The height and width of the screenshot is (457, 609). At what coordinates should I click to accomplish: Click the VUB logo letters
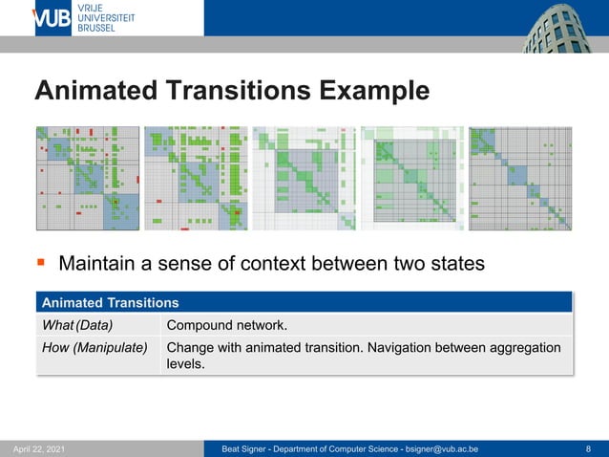tap(52, 18)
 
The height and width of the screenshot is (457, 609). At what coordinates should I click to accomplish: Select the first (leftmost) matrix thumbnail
tap(88, 179)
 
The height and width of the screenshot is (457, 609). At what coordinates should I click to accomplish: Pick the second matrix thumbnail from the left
tap(196, 179)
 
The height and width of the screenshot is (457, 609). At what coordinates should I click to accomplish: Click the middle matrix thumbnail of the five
tap(304, 179)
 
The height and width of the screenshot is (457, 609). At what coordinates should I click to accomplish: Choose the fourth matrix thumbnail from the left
tap(412, 179)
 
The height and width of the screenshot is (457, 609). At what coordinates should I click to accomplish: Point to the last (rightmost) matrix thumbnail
tap(520, 179)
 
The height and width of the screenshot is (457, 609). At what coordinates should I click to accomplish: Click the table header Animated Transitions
tap(110, 303)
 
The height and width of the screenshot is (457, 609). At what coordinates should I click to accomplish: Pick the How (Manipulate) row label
tap(94, 347)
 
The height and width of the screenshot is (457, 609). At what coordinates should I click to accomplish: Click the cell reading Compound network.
tap(226, 325)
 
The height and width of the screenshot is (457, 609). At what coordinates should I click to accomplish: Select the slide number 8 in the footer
tap(588, 448)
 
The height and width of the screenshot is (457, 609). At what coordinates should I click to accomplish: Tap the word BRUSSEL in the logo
tap(96, 29)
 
